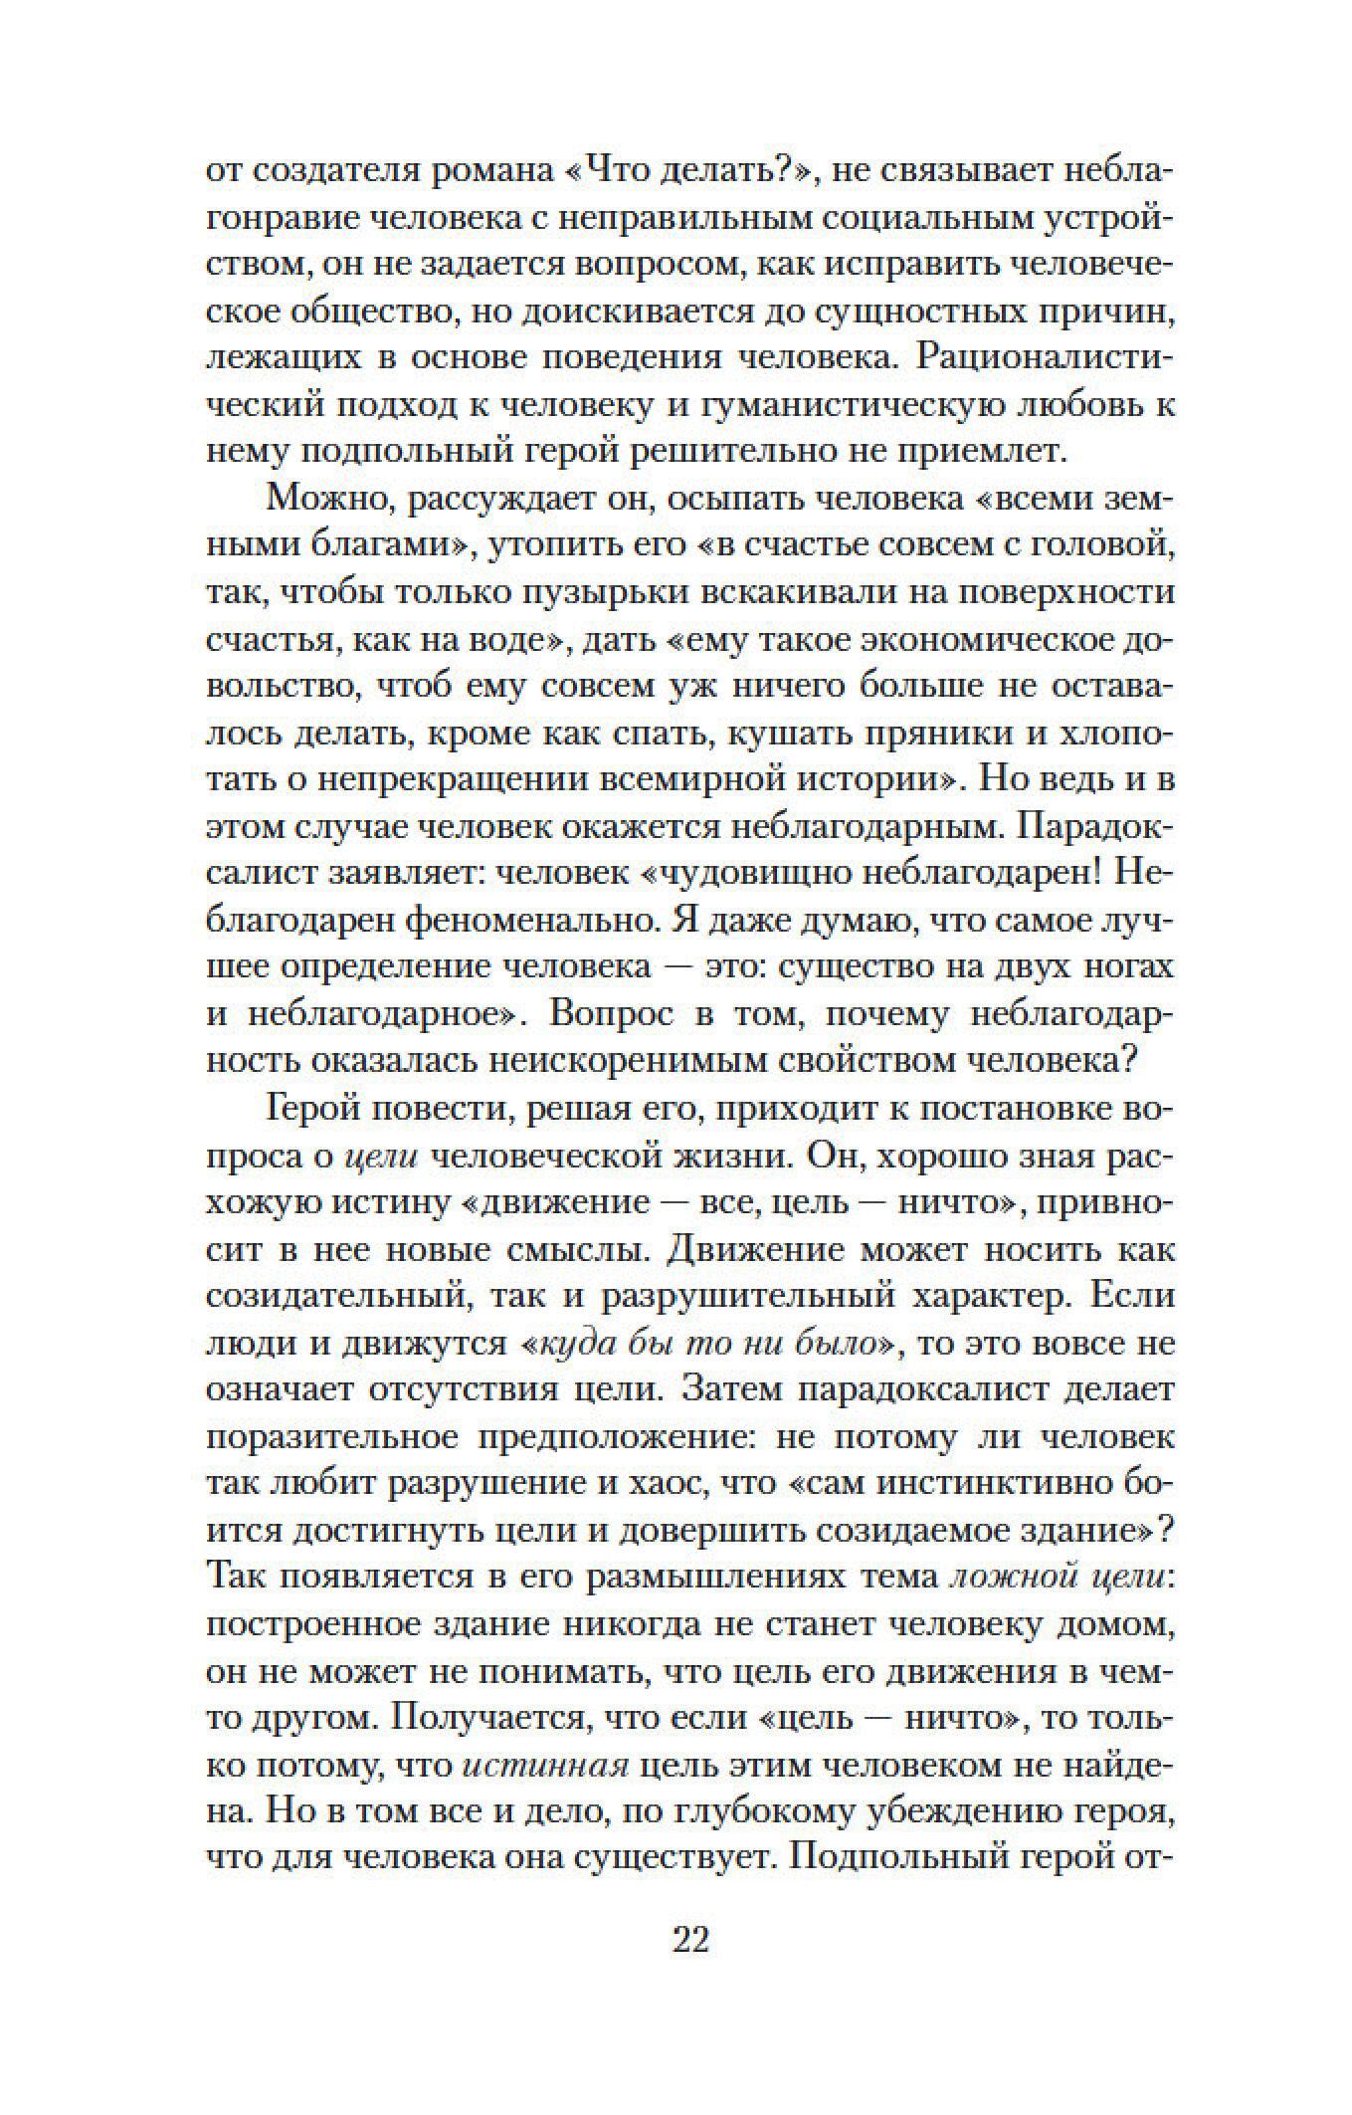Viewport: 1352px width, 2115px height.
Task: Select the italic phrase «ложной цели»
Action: (1058, 1577)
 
